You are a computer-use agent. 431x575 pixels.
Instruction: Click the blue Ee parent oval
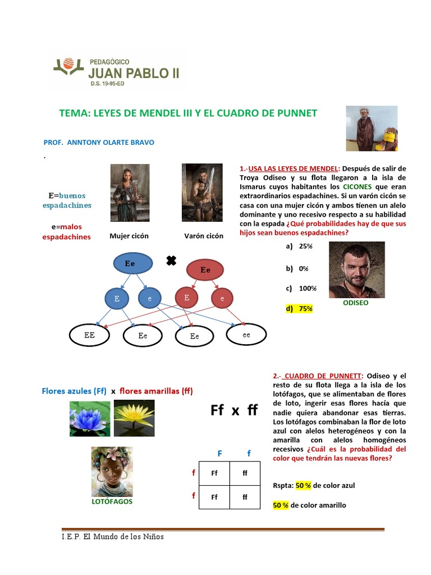pyautogui.click(x=132, y=263)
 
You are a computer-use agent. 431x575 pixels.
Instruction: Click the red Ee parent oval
pyautogui.click(x=205, y=270)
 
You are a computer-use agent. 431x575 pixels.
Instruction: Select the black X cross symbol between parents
pyautogui.click(x=171, y=261)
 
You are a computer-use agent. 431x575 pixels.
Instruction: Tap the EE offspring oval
pyautogui.click(x=89, y=335)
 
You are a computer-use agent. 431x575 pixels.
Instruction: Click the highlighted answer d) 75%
pyautogui.click(x=299, y=308)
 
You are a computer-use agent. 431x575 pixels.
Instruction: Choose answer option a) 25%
pyautogui.click(x=299, y=246)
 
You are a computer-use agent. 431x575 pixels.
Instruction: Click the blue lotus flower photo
pyautogui.click(x=90, y=418)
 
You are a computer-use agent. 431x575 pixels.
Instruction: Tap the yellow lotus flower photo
pyautogui.click(x=134, y=418)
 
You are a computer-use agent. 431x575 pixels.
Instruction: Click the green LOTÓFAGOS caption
pyautogui.click(x=112, y=501)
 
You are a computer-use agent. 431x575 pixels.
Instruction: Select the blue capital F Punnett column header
pyautogui.click(x=220, y=453)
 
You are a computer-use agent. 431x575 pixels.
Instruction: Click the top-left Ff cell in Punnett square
pyautogui.click(x=214, y=473)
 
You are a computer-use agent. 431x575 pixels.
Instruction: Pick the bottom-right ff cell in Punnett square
pyautogui.click(x=245, y=497)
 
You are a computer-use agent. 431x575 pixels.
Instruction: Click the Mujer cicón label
pyautogui.click(x=129, y=236)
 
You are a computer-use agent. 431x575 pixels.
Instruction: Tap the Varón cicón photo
pyautogui.click(x=203, y=193)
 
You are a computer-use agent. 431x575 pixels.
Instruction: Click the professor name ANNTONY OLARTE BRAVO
pyautogui.click(x=111, y=143)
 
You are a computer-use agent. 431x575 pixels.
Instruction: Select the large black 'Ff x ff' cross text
pyautogui.click(x=234, y=410)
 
